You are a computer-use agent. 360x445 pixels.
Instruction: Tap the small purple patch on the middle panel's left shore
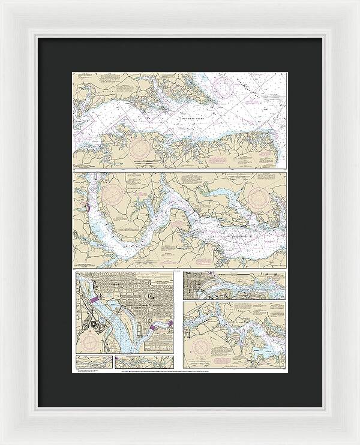coord(88,208)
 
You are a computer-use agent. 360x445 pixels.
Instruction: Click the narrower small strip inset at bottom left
coord(94,362)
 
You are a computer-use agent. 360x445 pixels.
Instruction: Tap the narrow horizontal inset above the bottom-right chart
coord(235,285)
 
